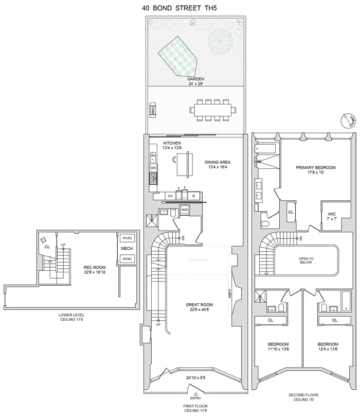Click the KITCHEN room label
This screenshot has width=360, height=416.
172,143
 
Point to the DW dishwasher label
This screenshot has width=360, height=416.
153,168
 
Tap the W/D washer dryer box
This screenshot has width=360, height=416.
184,210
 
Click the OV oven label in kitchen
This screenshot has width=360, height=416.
170,196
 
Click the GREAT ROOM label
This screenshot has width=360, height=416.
200,305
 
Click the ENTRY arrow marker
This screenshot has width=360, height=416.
195,393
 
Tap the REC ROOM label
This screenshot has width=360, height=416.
95,268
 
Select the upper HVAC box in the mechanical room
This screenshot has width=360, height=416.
127,238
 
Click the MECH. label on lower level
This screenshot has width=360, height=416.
127,249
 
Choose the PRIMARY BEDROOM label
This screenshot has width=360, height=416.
316,168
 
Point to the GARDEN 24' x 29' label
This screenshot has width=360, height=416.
195,81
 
